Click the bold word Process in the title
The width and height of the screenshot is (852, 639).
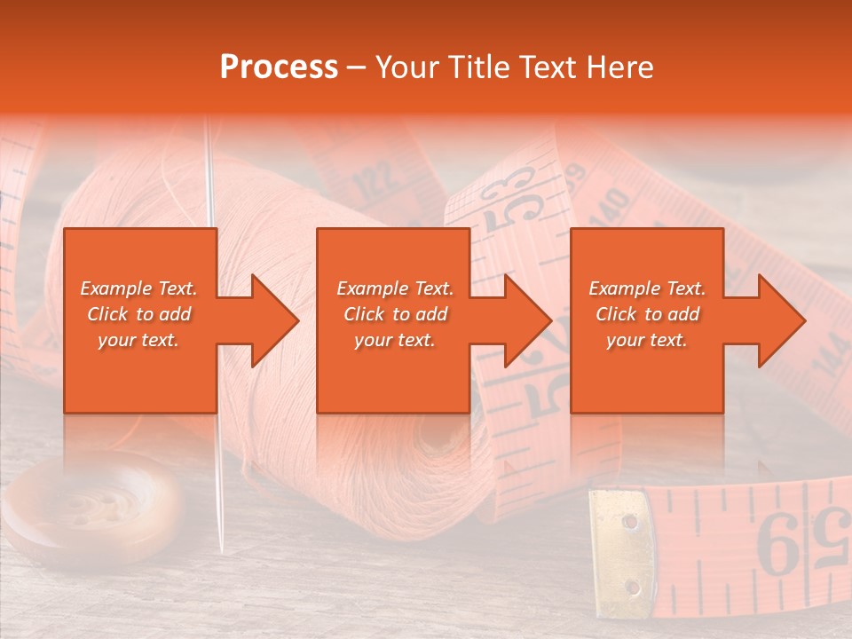(279, 67)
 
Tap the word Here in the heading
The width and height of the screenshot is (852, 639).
(620, 67)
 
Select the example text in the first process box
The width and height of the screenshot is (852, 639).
(139, 314)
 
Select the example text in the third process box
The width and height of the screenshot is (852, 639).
(647, 314)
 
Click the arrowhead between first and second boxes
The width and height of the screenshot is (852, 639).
(270, 320)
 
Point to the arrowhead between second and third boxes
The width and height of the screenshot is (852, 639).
(524, 320)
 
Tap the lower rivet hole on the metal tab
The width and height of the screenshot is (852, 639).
(632, 587)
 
